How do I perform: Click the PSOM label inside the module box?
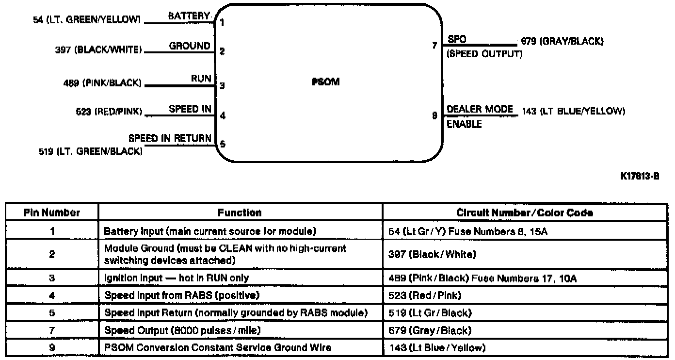(x=325, y=82)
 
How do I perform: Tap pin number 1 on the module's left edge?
(x=222, y=22)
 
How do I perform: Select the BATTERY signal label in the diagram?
(x=189, y=16)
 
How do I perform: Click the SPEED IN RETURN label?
(x=170, y=138)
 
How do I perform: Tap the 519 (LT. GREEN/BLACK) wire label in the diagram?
(x=90, y=152)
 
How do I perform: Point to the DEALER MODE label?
(x=480, y=109)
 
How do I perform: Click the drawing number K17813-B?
(x=640, y=176)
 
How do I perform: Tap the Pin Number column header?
(x=52, y=213)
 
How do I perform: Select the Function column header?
(x=240, y=213)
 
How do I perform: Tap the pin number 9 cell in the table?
(x=52, y=347)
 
